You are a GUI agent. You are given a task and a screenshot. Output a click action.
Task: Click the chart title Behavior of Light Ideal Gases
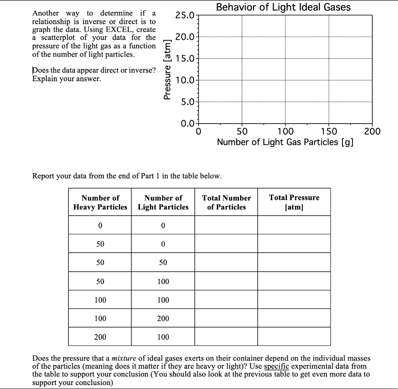(283, 7)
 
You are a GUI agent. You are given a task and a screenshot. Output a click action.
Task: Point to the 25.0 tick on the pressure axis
(185, 16)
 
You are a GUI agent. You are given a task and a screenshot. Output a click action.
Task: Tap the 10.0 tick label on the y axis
(185, 81)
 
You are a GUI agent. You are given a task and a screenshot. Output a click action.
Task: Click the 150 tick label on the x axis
(330, 131)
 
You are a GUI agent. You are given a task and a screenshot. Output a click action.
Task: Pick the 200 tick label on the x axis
(372, 131)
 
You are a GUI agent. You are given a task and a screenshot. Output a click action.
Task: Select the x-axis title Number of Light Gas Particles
(285, 142)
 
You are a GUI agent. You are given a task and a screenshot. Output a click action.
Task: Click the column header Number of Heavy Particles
(100, 202)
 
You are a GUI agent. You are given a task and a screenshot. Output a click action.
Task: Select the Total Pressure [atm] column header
(294, 202)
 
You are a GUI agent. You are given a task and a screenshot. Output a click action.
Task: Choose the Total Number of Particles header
(226, 202)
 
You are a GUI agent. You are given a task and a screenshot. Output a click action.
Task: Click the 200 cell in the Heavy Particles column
(100, 337)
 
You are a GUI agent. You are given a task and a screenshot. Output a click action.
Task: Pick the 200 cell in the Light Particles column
(163, 318)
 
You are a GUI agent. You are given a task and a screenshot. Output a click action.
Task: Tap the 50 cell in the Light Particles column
(163, 263)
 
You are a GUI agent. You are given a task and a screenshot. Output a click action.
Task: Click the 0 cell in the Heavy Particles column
(100, 225)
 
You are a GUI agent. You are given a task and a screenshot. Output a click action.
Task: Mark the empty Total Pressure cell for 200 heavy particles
(294, 337)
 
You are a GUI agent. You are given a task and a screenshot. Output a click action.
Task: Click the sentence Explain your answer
(66, 79)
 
